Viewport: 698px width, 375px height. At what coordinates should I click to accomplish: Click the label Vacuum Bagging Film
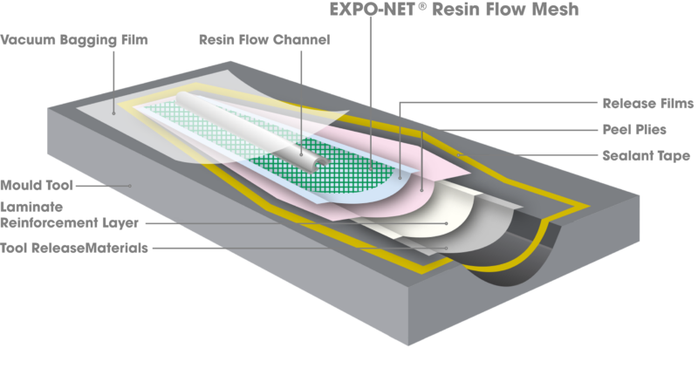(x=74, y=40)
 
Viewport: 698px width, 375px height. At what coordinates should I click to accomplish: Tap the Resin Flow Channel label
(x=264, y=39)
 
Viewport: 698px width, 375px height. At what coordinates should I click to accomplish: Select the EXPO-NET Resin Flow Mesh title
(x=454, y=10)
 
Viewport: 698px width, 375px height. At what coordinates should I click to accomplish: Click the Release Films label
(x=647, y=103)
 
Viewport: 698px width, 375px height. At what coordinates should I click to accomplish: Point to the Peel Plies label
(x=634, y=129)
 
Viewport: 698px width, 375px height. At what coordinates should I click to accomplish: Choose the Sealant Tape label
(x=646, y=156)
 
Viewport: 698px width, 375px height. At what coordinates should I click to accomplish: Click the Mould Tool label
(x=37, y=185)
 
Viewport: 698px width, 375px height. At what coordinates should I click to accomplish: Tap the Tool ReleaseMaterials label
(x=74, y=248)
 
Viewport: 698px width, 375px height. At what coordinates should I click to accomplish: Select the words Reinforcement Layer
(x=70, y=222)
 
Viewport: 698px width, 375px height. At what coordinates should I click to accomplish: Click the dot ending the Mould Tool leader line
(x=130, y=186)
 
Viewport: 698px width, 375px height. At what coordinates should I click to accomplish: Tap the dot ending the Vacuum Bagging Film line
(x=114, y=113)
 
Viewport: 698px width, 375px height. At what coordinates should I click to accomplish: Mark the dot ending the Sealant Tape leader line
(x=459, y=155)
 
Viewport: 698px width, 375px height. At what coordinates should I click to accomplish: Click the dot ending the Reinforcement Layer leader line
(x=447, y=223)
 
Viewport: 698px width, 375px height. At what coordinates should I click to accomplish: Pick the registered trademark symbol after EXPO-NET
(x=422, y=5)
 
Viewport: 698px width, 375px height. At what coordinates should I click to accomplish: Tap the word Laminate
(x=31, y=207)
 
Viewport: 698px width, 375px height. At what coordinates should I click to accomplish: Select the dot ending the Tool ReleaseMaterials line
(x=446, y=249)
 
